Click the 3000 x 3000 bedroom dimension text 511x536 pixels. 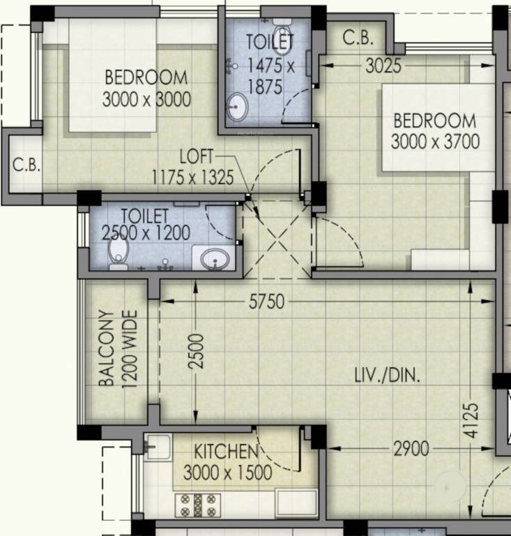coord(146,100)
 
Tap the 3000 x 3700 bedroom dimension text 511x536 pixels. coord(435,142)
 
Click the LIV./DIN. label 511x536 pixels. coord(388,377)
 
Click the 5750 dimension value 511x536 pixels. coord(267,301)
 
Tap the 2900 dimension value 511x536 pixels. coord(411,449)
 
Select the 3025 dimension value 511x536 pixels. coord(384,67)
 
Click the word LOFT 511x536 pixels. coord(199,156)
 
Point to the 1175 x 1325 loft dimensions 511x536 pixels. coord(193,177)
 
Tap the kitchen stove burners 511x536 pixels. coord(201,504)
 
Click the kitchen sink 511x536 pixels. coord(158,447)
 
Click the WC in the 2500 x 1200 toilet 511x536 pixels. coord(119,251)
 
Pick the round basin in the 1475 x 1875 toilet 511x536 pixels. coord(238,107)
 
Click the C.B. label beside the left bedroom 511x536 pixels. coord(26,166)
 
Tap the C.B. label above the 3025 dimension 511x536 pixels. coord(358,38)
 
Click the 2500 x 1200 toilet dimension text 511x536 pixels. coord(146,232)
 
